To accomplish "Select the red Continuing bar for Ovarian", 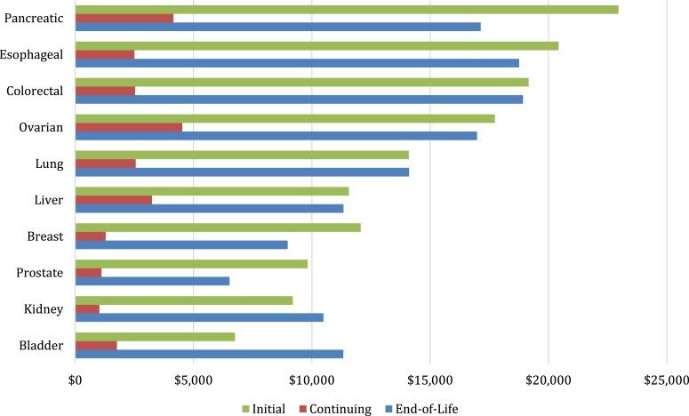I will pos(129,127).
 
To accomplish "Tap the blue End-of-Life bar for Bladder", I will pos(209,354).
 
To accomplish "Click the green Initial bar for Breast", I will pos(218,228).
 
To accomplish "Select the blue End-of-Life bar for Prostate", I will pos(152,281).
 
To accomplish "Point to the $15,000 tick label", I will pos(429,380).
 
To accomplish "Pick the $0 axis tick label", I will pos(76,380).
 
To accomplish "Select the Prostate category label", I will pos(38,273).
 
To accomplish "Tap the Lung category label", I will pos(48,164).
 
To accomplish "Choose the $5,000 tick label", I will pos(194,380).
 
